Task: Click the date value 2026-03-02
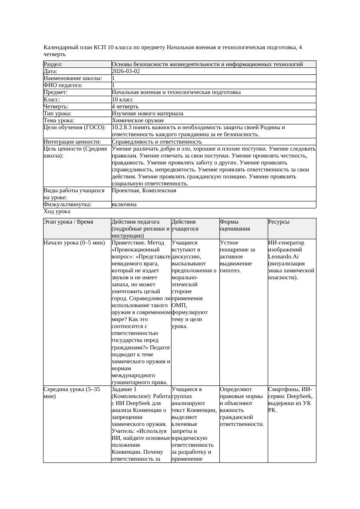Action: click(126, 71)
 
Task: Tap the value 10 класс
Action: click(122, 99)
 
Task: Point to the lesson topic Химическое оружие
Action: click(138, 120)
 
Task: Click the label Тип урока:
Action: click(59, 113)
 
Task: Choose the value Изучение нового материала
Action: click(147, 113)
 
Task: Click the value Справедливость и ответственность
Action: click(157, 141)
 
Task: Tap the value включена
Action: click(124, 204)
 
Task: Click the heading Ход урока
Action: click(57, 211)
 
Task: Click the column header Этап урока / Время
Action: click(68, 222)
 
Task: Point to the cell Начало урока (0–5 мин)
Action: click(71, 243)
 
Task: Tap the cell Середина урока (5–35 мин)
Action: click(72, 393)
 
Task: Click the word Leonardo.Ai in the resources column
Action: click(283, 257)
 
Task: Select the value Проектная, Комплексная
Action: click(144, 191)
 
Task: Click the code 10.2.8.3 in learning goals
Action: click(123, 127)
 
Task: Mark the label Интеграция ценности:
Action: click(72, 141)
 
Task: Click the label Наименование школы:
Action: click(73, 78)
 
